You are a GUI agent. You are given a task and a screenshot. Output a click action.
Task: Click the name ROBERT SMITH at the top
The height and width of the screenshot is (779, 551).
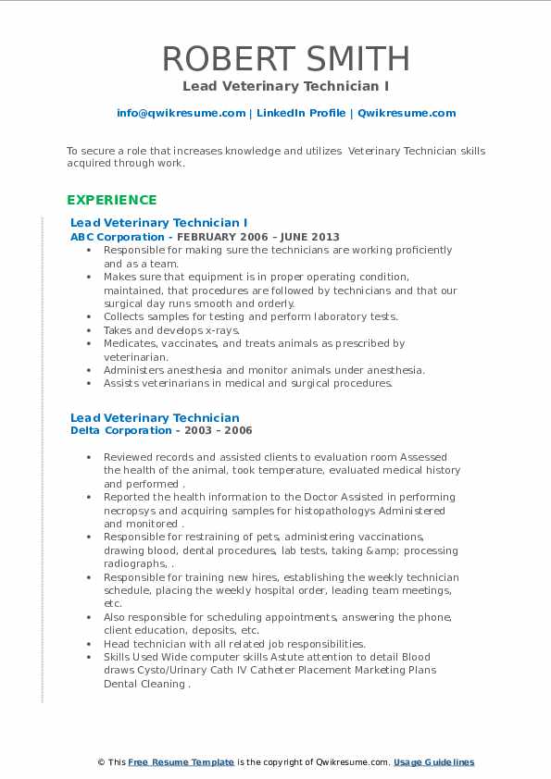click(285, 58)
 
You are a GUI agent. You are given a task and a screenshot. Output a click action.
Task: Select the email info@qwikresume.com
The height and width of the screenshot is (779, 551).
click(181, 113)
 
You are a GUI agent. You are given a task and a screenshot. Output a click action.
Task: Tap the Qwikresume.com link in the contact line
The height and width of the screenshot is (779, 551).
click(407, 113)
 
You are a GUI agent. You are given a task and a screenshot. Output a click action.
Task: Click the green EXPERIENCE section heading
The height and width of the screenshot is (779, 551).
click(112, 200)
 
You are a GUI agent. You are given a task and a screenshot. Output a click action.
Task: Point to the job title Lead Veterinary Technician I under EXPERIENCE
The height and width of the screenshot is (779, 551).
click(159, 223)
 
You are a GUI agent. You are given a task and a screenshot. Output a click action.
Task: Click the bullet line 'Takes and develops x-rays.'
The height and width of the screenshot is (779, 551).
click(171, 329)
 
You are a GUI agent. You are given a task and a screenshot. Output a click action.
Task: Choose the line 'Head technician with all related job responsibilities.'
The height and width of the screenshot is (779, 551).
click(234, 644)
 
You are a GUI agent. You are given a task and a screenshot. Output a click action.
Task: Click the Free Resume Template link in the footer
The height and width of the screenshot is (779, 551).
click(181, 762)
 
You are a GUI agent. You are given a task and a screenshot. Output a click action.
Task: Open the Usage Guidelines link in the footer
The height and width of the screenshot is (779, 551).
click(433, 762)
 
